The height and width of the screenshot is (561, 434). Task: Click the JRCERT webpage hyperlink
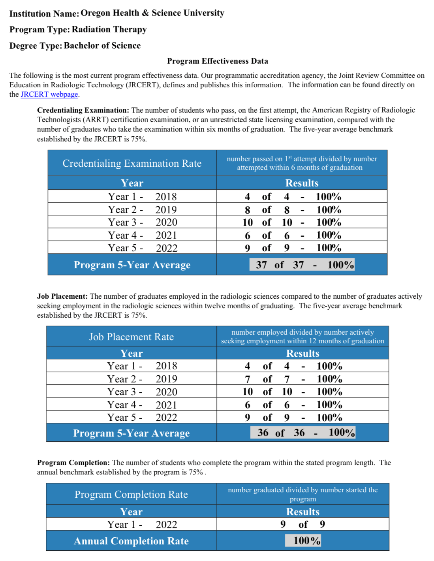[x=49, y=94]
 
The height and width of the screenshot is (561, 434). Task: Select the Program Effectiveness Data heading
[x=218, y=61]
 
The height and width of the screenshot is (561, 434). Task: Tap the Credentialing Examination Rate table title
[x=132, y=163]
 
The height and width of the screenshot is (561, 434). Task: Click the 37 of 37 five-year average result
[x=302, y=265]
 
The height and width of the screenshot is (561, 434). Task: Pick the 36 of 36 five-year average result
[x=302, y=433]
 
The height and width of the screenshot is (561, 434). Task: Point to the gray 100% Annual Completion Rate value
[x=303, y=540]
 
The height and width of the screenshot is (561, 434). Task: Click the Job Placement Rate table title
[x=131, y=337]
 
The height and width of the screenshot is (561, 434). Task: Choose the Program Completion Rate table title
[x=131, y=494]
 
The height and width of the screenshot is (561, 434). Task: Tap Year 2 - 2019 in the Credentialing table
[x=142, y=209]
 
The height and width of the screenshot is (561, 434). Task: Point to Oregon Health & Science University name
[x=152, y=13]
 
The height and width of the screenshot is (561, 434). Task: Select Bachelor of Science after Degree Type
[x=102, y=46]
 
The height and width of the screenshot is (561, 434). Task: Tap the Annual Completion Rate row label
[x=131, y=541]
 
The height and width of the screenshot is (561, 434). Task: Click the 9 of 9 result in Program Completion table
[x=302, y=524]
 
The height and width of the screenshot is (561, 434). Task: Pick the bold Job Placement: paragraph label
[x=62, y=296]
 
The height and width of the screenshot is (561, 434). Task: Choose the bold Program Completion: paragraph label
[x=73, y=463]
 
